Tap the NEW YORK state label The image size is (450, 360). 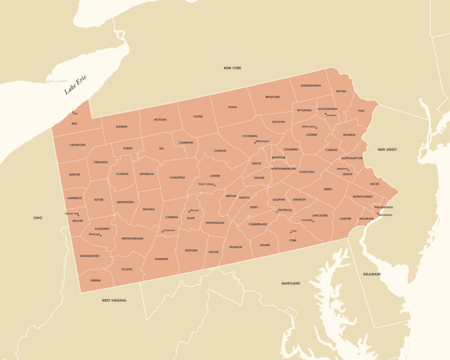(232, 68)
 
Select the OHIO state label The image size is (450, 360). (38, 218)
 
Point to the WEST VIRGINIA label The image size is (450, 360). (114, 300)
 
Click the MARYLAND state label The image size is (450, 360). (291, 283)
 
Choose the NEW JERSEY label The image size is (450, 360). (387, 150)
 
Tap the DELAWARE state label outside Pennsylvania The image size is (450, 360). (371, 274)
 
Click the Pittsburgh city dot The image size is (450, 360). (101, 235)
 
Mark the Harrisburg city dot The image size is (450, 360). (277, 212)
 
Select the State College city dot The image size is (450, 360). (214, 185)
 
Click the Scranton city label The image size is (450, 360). (331, 115)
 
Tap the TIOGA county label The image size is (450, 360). (232, 107)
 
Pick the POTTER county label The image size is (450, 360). (198, 117)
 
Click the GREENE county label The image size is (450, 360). (96, 280)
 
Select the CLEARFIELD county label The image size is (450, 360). (177, 178)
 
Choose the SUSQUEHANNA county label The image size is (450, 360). (310, 85)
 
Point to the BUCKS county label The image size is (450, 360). (375, 184)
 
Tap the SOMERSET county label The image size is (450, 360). (161, 259)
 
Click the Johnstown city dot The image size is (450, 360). (163, 232)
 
